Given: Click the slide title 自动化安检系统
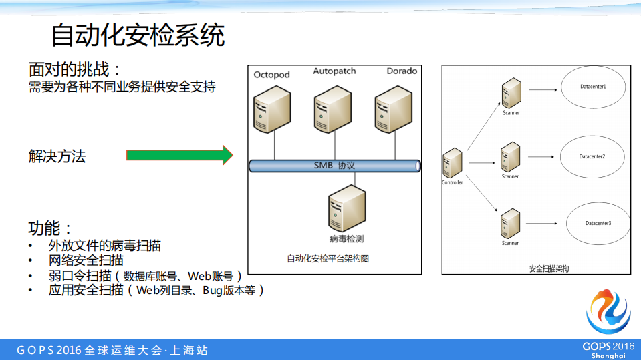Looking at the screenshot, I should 138,35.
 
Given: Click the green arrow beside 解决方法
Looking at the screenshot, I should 179,156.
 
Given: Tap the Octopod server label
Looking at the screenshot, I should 271,75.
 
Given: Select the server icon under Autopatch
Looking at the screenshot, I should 334,110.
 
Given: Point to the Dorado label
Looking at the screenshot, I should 402,71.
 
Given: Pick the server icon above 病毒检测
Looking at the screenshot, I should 347,208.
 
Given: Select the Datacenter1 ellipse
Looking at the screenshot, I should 593,87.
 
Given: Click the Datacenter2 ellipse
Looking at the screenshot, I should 592,156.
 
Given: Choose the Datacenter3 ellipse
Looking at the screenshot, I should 598,223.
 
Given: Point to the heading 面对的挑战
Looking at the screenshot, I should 74,70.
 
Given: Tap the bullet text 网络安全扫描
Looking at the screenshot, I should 86,260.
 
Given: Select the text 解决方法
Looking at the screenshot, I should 57,156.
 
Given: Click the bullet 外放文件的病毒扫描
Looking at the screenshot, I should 105,246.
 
